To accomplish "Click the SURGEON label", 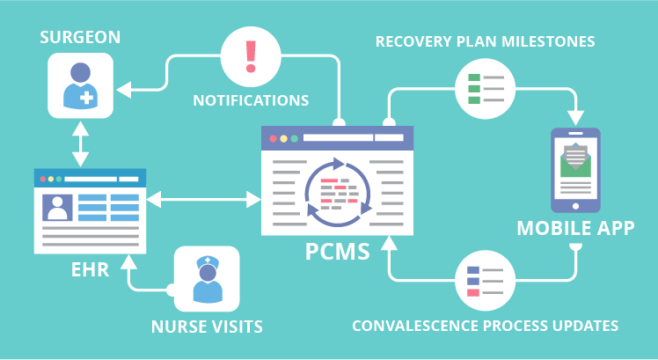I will click(x=80, y=37).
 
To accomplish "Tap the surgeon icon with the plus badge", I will click(x=80, y=85).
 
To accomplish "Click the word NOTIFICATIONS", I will click(x=251, y=99).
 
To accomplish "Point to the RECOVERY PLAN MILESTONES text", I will click(x=486, y=41).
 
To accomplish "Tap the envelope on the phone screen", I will click(x=575, y=159).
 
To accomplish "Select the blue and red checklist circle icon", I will click(x=484, y=279).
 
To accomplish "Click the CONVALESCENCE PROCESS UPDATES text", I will click(x=485, y=326).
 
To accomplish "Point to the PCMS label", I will click(x=337, y=251).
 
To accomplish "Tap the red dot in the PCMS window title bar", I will click(x=274, y=138).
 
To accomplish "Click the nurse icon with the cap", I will click(x=207, y=278).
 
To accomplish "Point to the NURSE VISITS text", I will click(x=208, y=327).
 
